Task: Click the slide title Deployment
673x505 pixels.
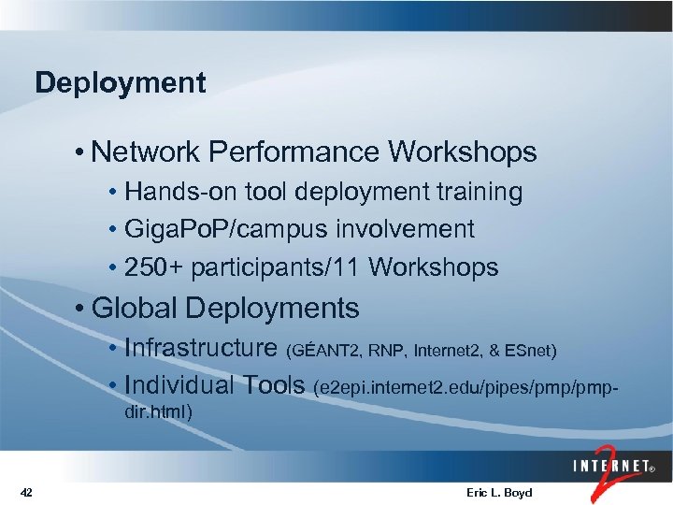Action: click(x=120, y=83)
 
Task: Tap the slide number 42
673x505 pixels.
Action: click(x=26, y=492)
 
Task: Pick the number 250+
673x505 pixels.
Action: click(x=154, y=268)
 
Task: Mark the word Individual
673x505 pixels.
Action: click(x=179, y=385)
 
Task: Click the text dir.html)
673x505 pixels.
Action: click(x=158, y=410)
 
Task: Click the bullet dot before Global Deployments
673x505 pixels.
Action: click(x=83, y=309)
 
